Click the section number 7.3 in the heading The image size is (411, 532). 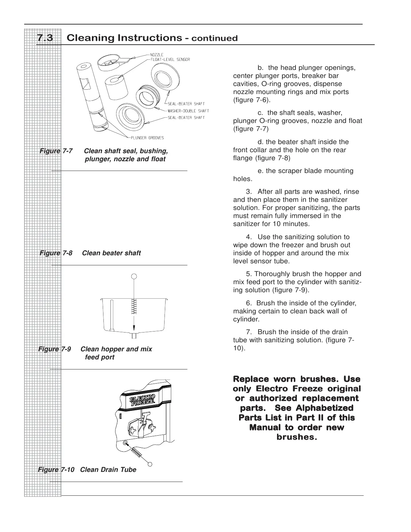(x=45, y=38)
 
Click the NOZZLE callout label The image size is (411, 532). (x=157, y=55)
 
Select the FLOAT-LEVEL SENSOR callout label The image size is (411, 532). (x=170, y=59)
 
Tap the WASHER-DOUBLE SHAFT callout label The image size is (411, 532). (x=188, y=111)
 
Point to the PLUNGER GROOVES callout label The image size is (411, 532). (x=147, y=138)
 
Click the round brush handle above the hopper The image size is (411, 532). (x=134, y=276)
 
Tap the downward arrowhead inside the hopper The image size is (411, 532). (x=134, y=328)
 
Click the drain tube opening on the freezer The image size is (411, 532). (x=125, y=443)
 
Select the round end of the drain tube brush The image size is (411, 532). (x=150, y=464)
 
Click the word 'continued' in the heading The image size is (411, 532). (x=214, y=38)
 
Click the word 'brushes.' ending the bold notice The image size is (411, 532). (x=296, y=437)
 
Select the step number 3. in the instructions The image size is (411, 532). (x=249, y=192)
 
